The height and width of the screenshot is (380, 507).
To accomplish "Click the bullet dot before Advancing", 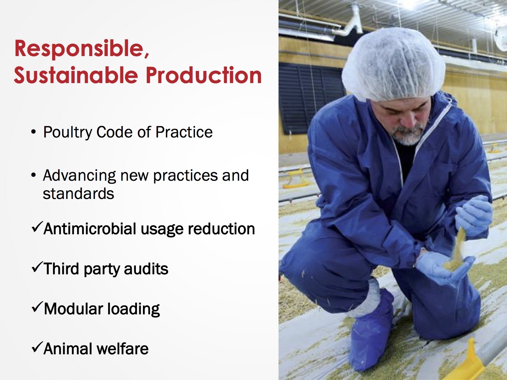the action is tap(33, 175).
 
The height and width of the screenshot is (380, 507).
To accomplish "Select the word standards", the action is tap(78, 193).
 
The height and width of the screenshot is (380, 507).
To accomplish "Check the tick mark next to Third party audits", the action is tap(37, 267).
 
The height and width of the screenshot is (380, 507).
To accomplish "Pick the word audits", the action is tap(146, 269).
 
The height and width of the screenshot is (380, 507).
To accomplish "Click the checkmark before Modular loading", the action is tap(37, 307).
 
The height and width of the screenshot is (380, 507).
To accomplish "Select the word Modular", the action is tap(73, 309).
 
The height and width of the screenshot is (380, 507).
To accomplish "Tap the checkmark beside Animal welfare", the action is tap(37, 347).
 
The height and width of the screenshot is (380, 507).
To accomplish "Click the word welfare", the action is tap(122, 348).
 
